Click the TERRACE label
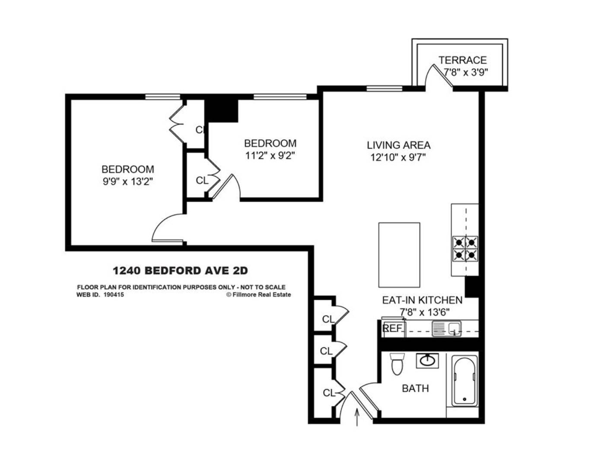click(x=462, y=60)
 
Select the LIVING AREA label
click(x=398, y=145)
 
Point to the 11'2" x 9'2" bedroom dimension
click(x=270, y=155)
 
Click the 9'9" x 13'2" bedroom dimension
click(x=128, y=182)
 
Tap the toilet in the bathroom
click(x=396, y=364)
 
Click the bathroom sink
click(x=427, y=360)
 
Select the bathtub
click(x=465, y=381)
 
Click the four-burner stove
click(x=465, y=249)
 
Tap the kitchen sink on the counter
click(x=446, y=329)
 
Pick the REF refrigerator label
click(x=392, y=328)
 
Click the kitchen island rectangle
click(x=399, y=255)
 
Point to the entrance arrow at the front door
click(x=357, y=418)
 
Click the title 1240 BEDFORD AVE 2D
click(x=180, y=271)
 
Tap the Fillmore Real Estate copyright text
click(x=258, y=295)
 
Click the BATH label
click(x=415, y=388)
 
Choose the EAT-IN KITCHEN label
click(x=422, y=300)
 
